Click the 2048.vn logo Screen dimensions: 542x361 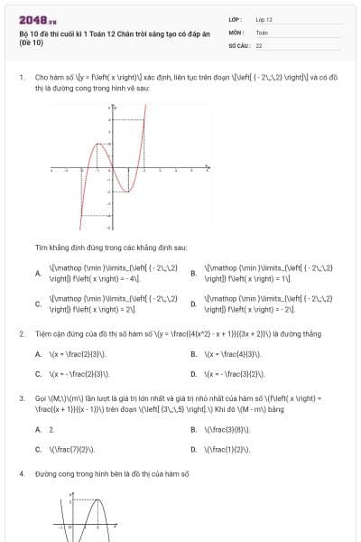[37, 20]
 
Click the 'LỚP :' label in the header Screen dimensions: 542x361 [236, 18]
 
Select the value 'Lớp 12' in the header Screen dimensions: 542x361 [264, 18]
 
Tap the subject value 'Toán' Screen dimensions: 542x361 [262, 31]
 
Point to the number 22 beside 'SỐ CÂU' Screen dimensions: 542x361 [259, 44]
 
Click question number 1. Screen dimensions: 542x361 [21, 78]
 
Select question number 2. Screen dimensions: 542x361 [21, 333]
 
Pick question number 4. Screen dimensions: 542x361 [21, 473]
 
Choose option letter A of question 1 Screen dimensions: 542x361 [37, 273]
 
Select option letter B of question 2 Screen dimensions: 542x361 [193, 354]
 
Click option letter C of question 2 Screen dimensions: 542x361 [37, 373]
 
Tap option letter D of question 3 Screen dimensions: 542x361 [193, 448]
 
